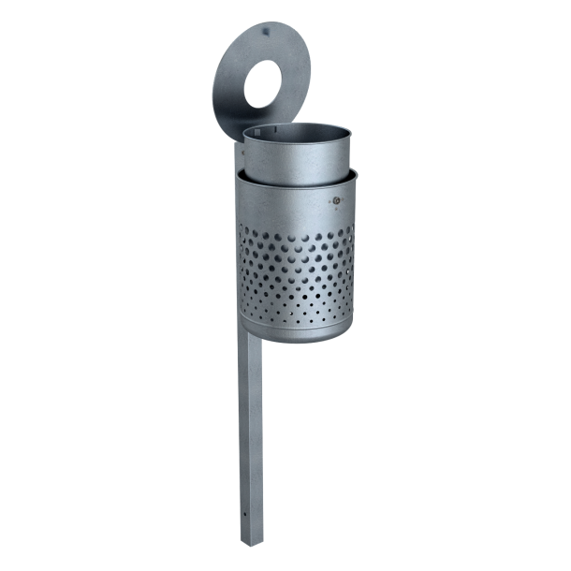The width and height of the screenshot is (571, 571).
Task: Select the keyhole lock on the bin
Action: (x=334, y=200)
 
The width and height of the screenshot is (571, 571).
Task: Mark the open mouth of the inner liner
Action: (x=298, y=134)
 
